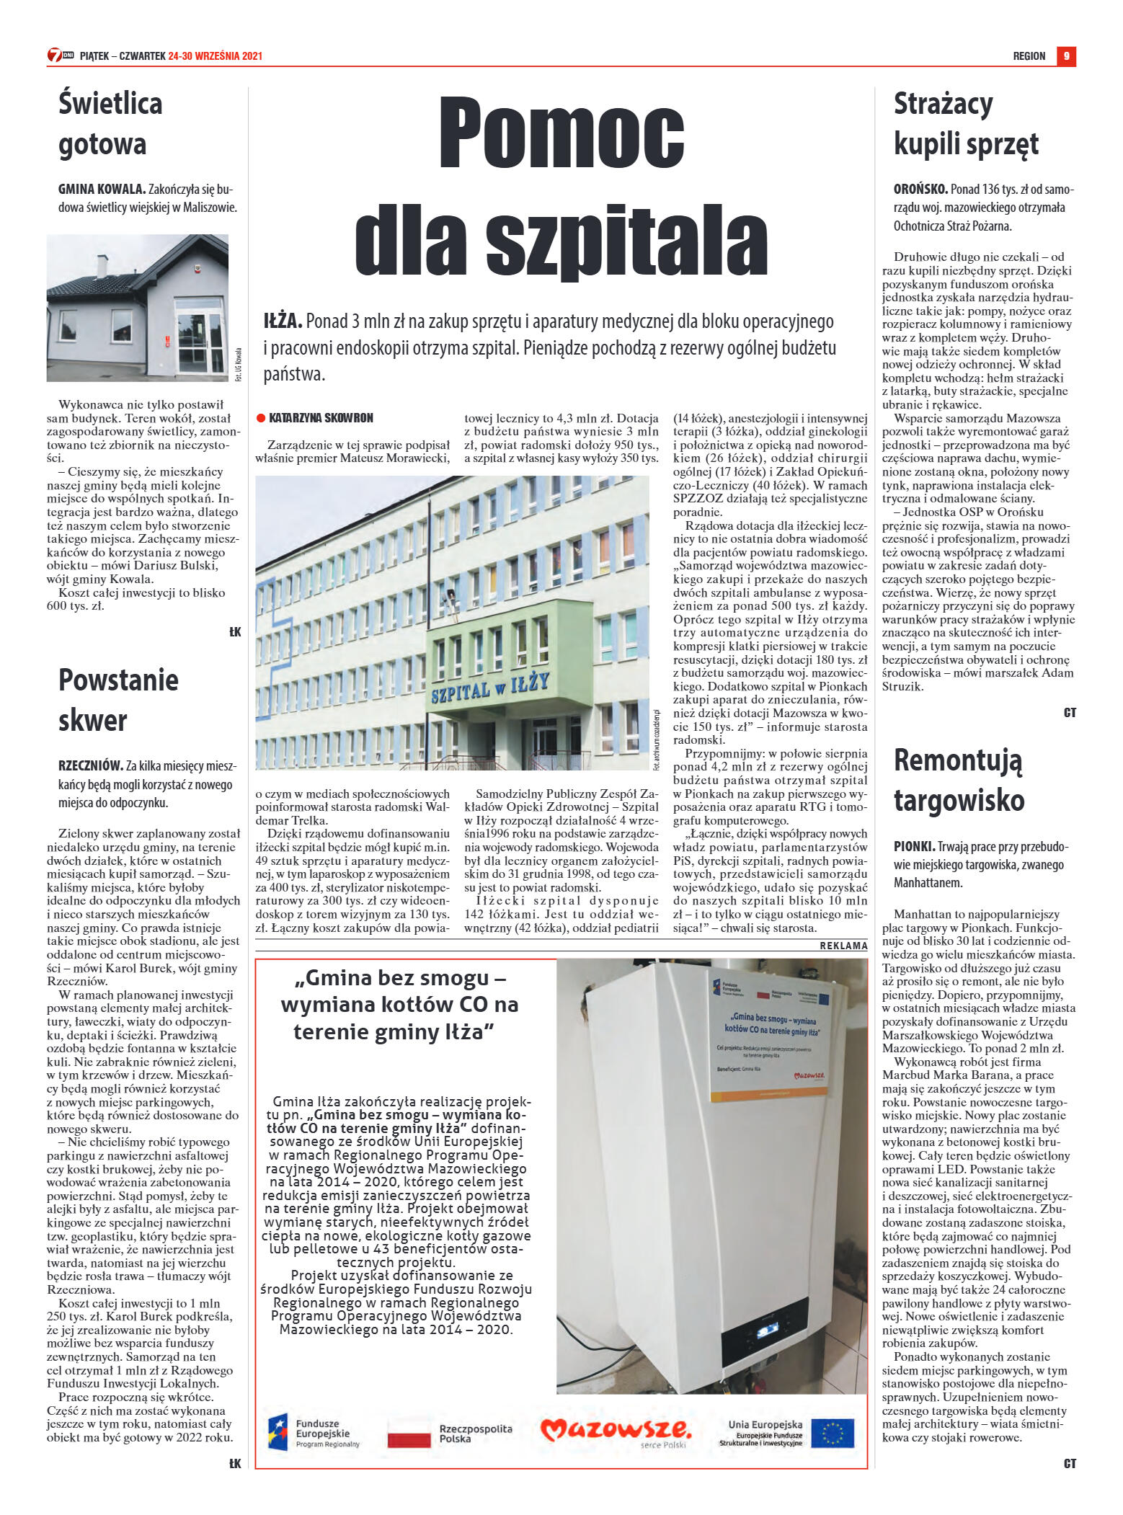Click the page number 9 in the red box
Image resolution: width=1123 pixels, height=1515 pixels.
(1066, 56)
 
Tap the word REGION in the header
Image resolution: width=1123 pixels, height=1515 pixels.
(1029, 56)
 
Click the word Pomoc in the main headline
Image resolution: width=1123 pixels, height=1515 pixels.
(561, 133)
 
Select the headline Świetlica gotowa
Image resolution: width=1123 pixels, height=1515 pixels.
(110, 123)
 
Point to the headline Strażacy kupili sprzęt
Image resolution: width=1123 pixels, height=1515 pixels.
(966, 123)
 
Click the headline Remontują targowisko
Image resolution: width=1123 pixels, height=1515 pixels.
(959, 780)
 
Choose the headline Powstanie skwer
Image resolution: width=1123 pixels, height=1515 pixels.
(118, 700)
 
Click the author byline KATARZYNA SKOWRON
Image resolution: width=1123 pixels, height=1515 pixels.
(321, 418)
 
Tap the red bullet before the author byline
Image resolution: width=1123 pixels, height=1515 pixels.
(261, 418)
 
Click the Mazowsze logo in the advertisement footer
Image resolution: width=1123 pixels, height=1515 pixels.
(616, 1430)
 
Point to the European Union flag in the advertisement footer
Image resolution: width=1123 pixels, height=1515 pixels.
(833, 1433)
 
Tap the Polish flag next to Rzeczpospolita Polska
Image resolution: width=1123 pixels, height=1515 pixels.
(409, 1433)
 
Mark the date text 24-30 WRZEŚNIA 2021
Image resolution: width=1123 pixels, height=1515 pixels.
(215, 56)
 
